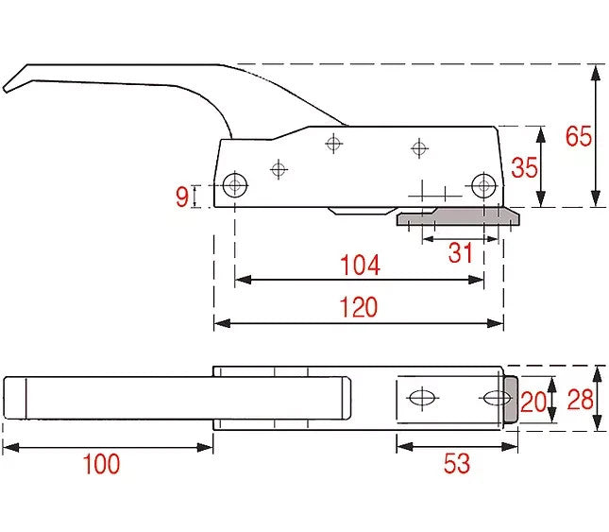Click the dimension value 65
click(579, 136)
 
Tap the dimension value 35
click(524, 167)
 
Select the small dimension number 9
click(182, 197)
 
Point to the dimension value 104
click(360, 265)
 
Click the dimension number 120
click(359, 307)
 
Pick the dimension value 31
click(460, 252)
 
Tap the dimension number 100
click(101, 464)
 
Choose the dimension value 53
click(457, 463)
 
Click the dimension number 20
click(533, 402)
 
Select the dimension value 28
click(581, 400)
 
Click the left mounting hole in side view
click(235, 185)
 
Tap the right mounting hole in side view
click(483, 185)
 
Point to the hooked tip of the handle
click(6, 90)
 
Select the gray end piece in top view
click(511, 400)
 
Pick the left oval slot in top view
click(423, 398)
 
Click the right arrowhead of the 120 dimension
click(496, 323)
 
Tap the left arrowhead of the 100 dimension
click(11, 448)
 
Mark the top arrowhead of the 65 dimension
click(596, 72)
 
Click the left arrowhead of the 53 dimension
click(405, 447)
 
